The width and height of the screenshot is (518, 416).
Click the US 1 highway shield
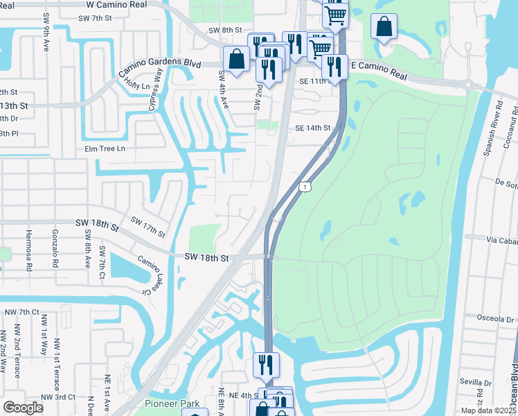coord(304,187)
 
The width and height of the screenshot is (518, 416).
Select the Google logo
coord(23,407)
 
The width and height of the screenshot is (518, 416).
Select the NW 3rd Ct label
coord(57,397)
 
